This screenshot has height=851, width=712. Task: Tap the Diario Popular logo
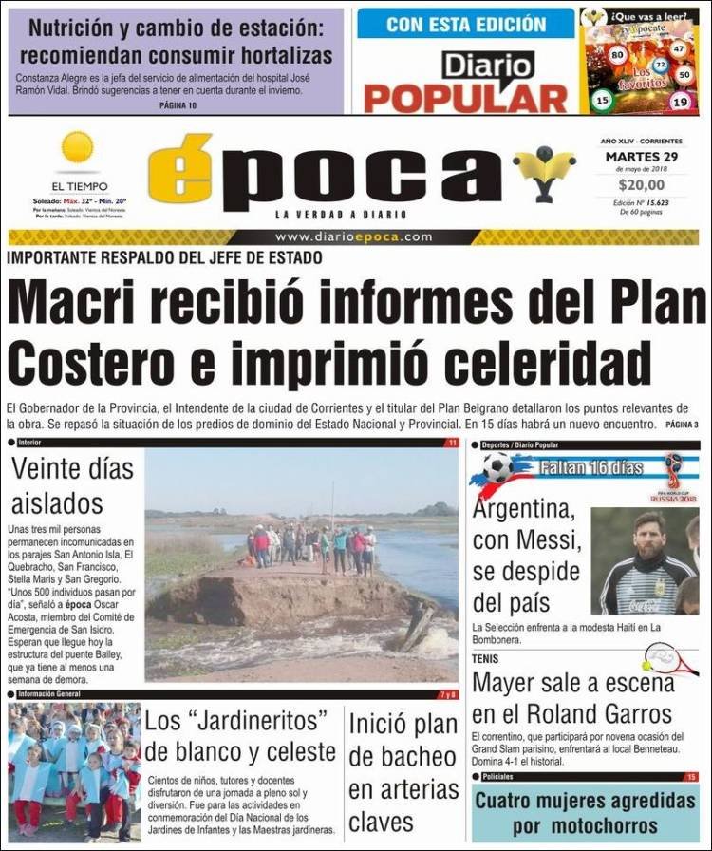coord(465,82)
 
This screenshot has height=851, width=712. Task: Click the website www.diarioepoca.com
coord(354,237)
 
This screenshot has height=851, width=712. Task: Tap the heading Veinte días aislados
coord(71,484)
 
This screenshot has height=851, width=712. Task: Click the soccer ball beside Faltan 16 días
coord(497,466)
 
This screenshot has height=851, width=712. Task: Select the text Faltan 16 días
coord(591,467)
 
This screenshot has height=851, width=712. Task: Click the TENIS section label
coord(486,658)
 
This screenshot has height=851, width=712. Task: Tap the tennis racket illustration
coord(668,657)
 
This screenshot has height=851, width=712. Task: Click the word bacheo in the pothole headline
coord(403,757)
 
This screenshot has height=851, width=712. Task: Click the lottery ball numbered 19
coord(679,102)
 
